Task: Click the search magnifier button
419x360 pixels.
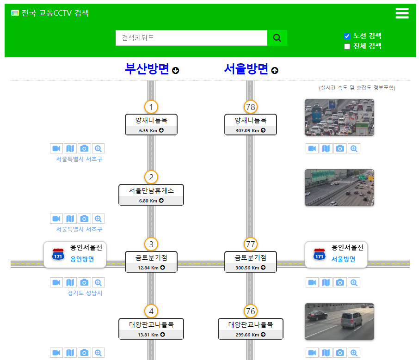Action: [x=277, y=38]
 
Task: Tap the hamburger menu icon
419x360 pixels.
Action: [x=402, y=13]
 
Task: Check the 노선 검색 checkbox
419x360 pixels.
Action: [x=347, y=36]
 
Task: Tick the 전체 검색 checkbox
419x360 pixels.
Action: [x=347, y=47]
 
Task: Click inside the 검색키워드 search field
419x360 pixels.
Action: [x=191, y=38]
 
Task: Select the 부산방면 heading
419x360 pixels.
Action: [x=147, y=69]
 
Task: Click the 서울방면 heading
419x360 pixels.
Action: [x=246, y=69]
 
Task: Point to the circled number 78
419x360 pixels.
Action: [x=250, y=107]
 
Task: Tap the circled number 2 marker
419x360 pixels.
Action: [x=151, y=177]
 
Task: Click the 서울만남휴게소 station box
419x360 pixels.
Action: [x=151, y=195]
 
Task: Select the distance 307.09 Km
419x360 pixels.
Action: [x=247, y=131]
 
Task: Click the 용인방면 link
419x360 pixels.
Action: [x=82, y=259]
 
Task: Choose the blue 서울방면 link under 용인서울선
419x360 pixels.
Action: [x=343, y=259]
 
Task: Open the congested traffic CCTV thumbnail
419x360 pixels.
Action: [x=339, y=117]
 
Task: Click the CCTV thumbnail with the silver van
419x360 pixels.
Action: [x=339, y=322]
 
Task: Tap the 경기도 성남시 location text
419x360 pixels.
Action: [x=85, y=293]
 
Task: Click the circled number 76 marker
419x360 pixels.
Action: [x=250, y=311]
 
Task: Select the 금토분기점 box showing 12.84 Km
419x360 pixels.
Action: [x=151, y=262]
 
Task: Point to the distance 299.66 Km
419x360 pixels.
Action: [x=247, y=335]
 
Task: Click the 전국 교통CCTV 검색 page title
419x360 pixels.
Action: [x=55, y=13]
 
